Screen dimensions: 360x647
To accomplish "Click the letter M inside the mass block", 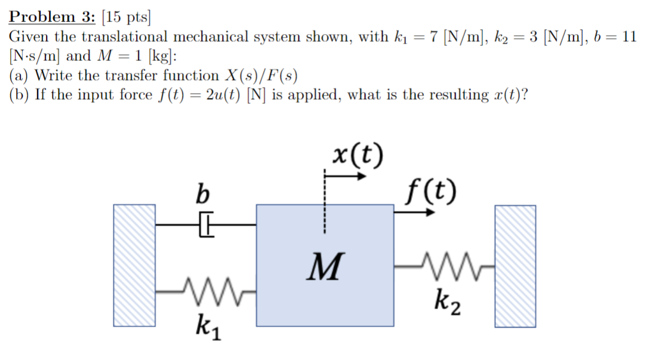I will (326, 266).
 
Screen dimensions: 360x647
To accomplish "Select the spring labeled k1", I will (205, 290).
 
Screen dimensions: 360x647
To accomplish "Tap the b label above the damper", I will (204, 193).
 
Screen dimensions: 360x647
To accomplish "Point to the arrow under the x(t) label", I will (345, 176).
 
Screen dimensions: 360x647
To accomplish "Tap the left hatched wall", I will (134, 265).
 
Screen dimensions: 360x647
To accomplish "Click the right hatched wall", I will (515, 265).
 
